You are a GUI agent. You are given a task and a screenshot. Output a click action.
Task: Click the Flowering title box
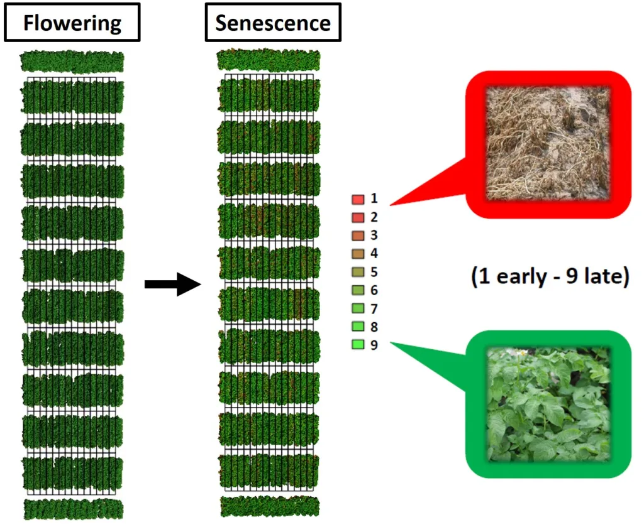[x=72, y=22]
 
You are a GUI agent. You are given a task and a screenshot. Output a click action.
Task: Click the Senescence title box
[x=273, y=22]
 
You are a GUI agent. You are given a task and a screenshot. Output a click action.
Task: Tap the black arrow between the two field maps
[x=173, y=284]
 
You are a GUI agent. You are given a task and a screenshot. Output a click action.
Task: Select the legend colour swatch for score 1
[x=358, y=199]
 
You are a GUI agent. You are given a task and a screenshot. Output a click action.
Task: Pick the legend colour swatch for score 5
[x=358, y=272]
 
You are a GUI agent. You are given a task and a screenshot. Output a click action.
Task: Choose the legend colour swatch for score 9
[x=358, y=345]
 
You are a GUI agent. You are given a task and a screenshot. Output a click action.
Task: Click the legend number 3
[x=374, y=235]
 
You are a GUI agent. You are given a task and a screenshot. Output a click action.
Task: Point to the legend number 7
[x=374, y=308]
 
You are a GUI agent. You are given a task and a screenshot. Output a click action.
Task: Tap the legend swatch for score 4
[x=358, y=254]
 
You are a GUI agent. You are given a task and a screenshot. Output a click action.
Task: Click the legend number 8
[x=374, y=327]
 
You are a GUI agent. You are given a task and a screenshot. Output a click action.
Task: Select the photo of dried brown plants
[x=548, y=144]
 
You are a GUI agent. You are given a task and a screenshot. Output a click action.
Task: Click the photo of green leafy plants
[x=548, y=404]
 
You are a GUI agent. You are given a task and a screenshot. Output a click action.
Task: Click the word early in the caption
[x=521, y=276]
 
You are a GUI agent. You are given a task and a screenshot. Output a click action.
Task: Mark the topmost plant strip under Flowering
[x=72, y=62]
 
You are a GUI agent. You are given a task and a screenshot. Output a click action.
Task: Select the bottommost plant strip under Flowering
[x=73, y=509]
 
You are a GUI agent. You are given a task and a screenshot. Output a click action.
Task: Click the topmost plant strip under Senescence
[x=268, y=60]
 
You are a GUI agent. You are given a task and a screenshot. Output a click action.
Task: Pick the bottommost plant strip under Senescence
[x=269, y=506]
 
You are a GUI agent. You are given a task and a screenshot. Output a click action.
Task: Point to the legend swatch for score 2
[x=358, y=217]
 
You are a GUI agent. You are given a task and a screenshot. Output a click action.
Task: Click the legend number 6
[x=374, y=290]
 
